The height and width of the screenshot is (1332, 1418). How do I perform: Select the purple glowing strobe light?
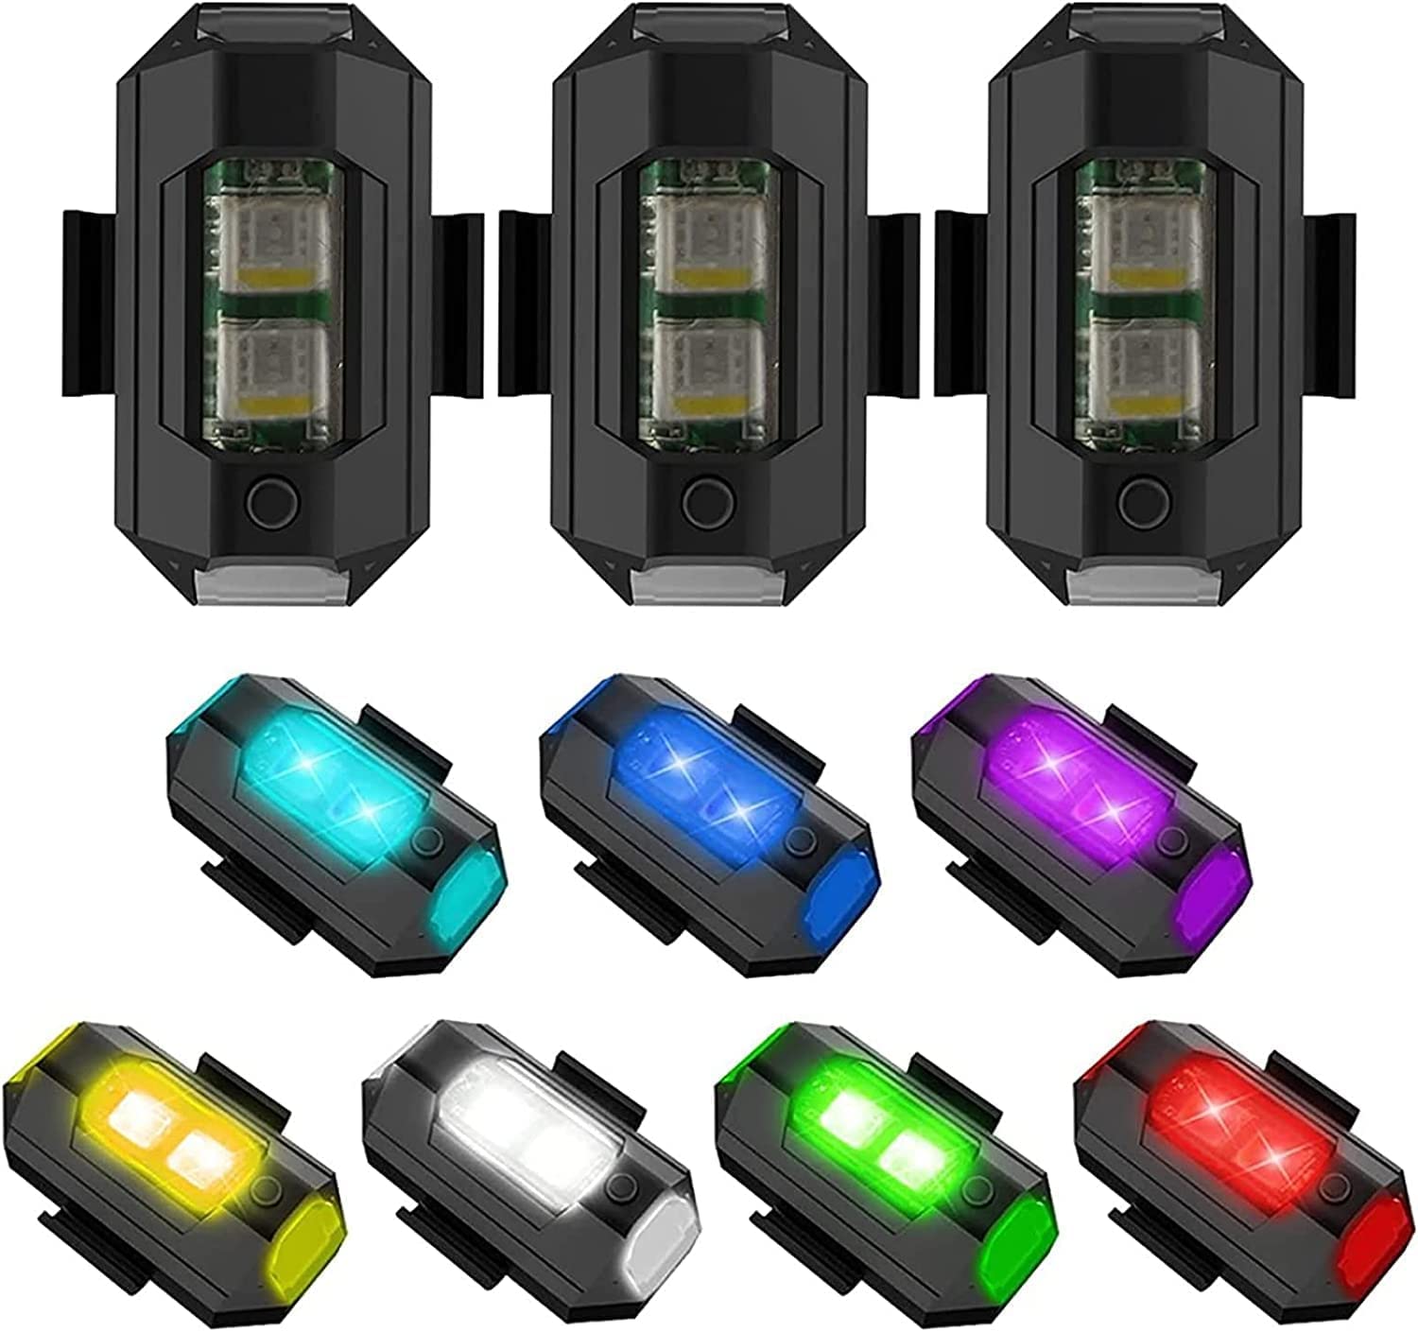(x=1078, y=804)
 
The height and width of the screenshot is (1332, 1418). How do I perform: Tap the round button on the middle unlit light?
(x=702, y=498)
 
